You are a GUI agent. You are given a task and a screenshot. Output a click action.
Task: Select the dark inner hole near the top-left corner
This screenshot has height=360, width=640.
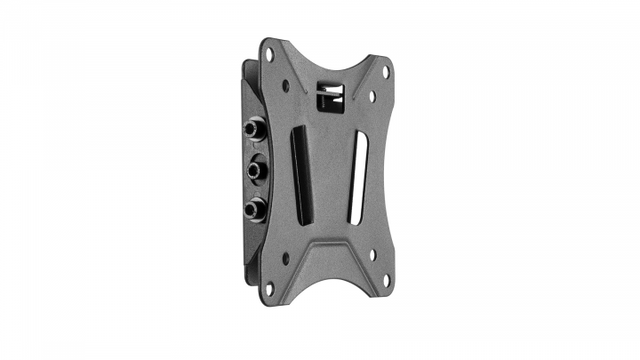[x=285, y=86]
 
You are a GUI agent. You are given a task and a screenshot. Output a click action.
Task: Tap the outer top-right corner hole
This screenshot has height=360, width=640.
[x=386, y=70]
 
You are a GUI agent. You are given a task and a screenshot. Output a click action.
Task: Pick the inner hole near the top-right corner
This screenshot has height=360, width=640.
[x=372, y=96]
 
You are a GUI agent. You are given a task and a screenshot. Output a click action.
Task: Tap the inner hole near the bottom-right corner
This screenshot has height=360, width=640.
[x=372, y=254]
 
